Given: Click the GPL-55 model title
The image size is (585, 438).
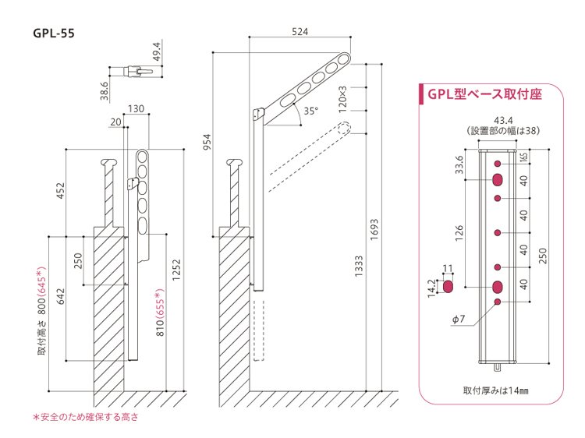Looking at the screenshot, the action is pos(54,34).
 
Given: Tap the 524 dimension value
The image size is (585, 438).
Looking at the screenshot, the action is pos(300,32).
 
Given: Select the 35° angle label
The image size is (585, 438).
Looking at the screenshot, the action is pos(310,111).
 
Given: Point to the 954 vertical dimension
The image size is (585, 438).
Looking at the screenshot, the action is pos(207,142).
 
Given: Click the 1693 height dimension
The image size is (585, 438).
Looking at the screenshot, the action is pos(374,230).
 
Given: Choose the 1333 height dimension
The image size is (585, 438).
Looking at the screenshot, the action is pos(359,267).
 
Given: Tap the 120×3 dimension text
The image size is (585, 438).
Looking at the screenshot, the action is pos(342,100).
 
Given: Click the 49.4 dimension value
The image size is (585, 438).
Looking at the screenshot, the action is pos(157,51).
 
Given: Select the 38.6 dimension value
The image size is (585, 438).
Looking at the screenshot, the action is pos(105,91).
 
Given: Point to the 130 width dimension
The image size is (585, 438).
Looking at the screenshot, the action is pos(136,109).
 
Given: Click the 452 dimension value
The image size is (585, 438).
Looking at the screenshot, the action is pos(60,190).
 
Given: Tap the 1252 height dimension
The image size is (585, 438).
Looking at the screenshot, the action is pos(176,270).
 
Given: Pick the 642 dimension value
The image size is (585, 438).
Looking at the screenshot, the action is pos(60,296).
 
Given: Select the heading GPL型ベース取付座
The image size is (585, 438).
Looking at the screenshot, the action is pos(484,94).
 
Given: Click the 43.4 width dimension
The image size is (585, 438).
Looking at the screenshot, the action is pos(503,120).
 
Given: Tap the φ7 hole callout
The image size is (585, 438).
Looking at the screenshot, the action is pos(459,319).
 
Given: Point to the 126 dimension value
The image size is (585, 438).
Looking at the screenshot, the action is pos(459,233).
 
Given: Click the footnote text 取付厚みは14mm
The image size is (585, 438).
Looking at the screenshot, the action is pos(496,390).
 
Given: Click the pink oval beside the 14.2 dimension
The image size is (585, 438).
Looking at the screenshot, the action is pos(448,287).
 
